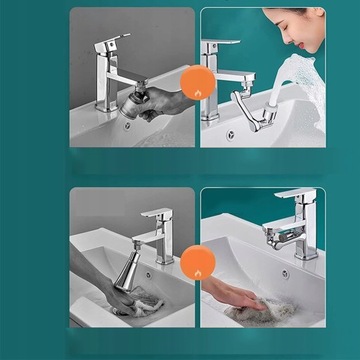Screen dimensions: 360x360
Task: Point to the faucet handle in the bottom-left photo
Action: (x=153, y=213)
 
